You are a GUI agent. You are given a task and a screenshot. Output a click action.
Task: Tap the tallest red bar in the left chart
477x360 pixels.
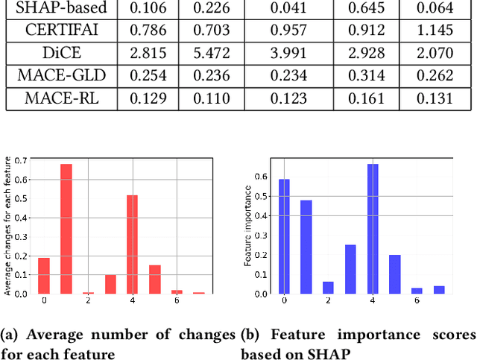point(66,229)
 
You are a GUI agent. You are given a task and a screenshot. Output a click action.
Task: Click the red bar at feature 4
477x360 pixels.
point(132,244)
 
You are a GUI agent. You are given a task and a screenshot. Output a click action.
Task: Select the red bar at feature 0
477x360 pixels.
point(44,276)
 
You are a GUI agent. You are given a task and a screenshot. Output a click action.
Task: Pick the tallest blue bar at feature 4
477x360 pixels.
point(373,229)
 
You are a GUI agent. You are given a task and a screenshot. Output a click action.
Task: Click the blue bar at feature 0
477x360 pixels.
point(284,236)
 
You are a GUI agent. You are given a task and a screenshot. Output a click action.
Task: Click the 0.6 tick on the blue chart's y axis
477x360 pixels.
point(261,177)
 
